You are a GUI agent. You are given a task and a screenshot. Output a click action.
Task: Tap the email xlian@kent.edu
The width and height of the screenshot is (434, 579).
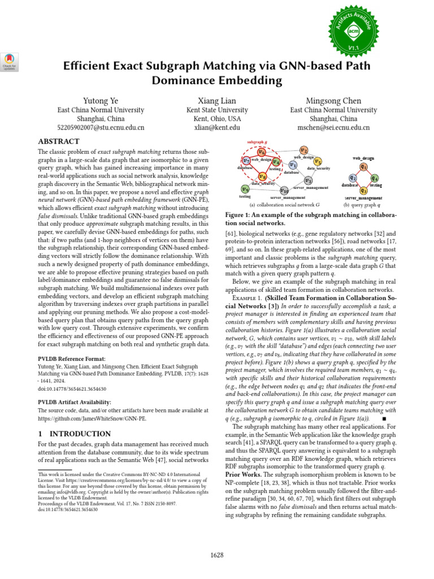(x=217, y=128)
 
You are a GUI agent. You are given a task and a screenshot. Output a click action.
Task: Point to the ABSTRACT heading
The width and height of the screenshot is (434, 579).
(x=58, y=141)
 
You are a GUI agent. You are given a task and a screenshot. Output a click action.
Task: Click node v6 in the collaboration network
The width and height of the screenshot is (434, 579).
(x=261, y=152)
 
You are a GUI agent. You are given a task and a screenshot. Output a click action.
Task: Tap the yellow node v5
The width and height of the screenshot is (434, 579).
(x=318, y=162)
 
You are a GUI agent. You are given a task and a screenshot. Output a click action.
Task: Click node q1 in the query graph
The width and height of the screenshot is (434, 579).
(x=363, y=167)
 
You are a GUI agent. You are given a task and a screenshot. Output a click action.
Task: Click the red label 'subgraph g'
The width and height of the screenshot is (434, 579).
(x=258, y=141)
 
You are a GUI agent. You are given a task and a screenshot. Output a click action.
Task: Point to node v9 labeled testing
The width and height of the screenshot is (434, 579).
(x=245, y=189)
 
